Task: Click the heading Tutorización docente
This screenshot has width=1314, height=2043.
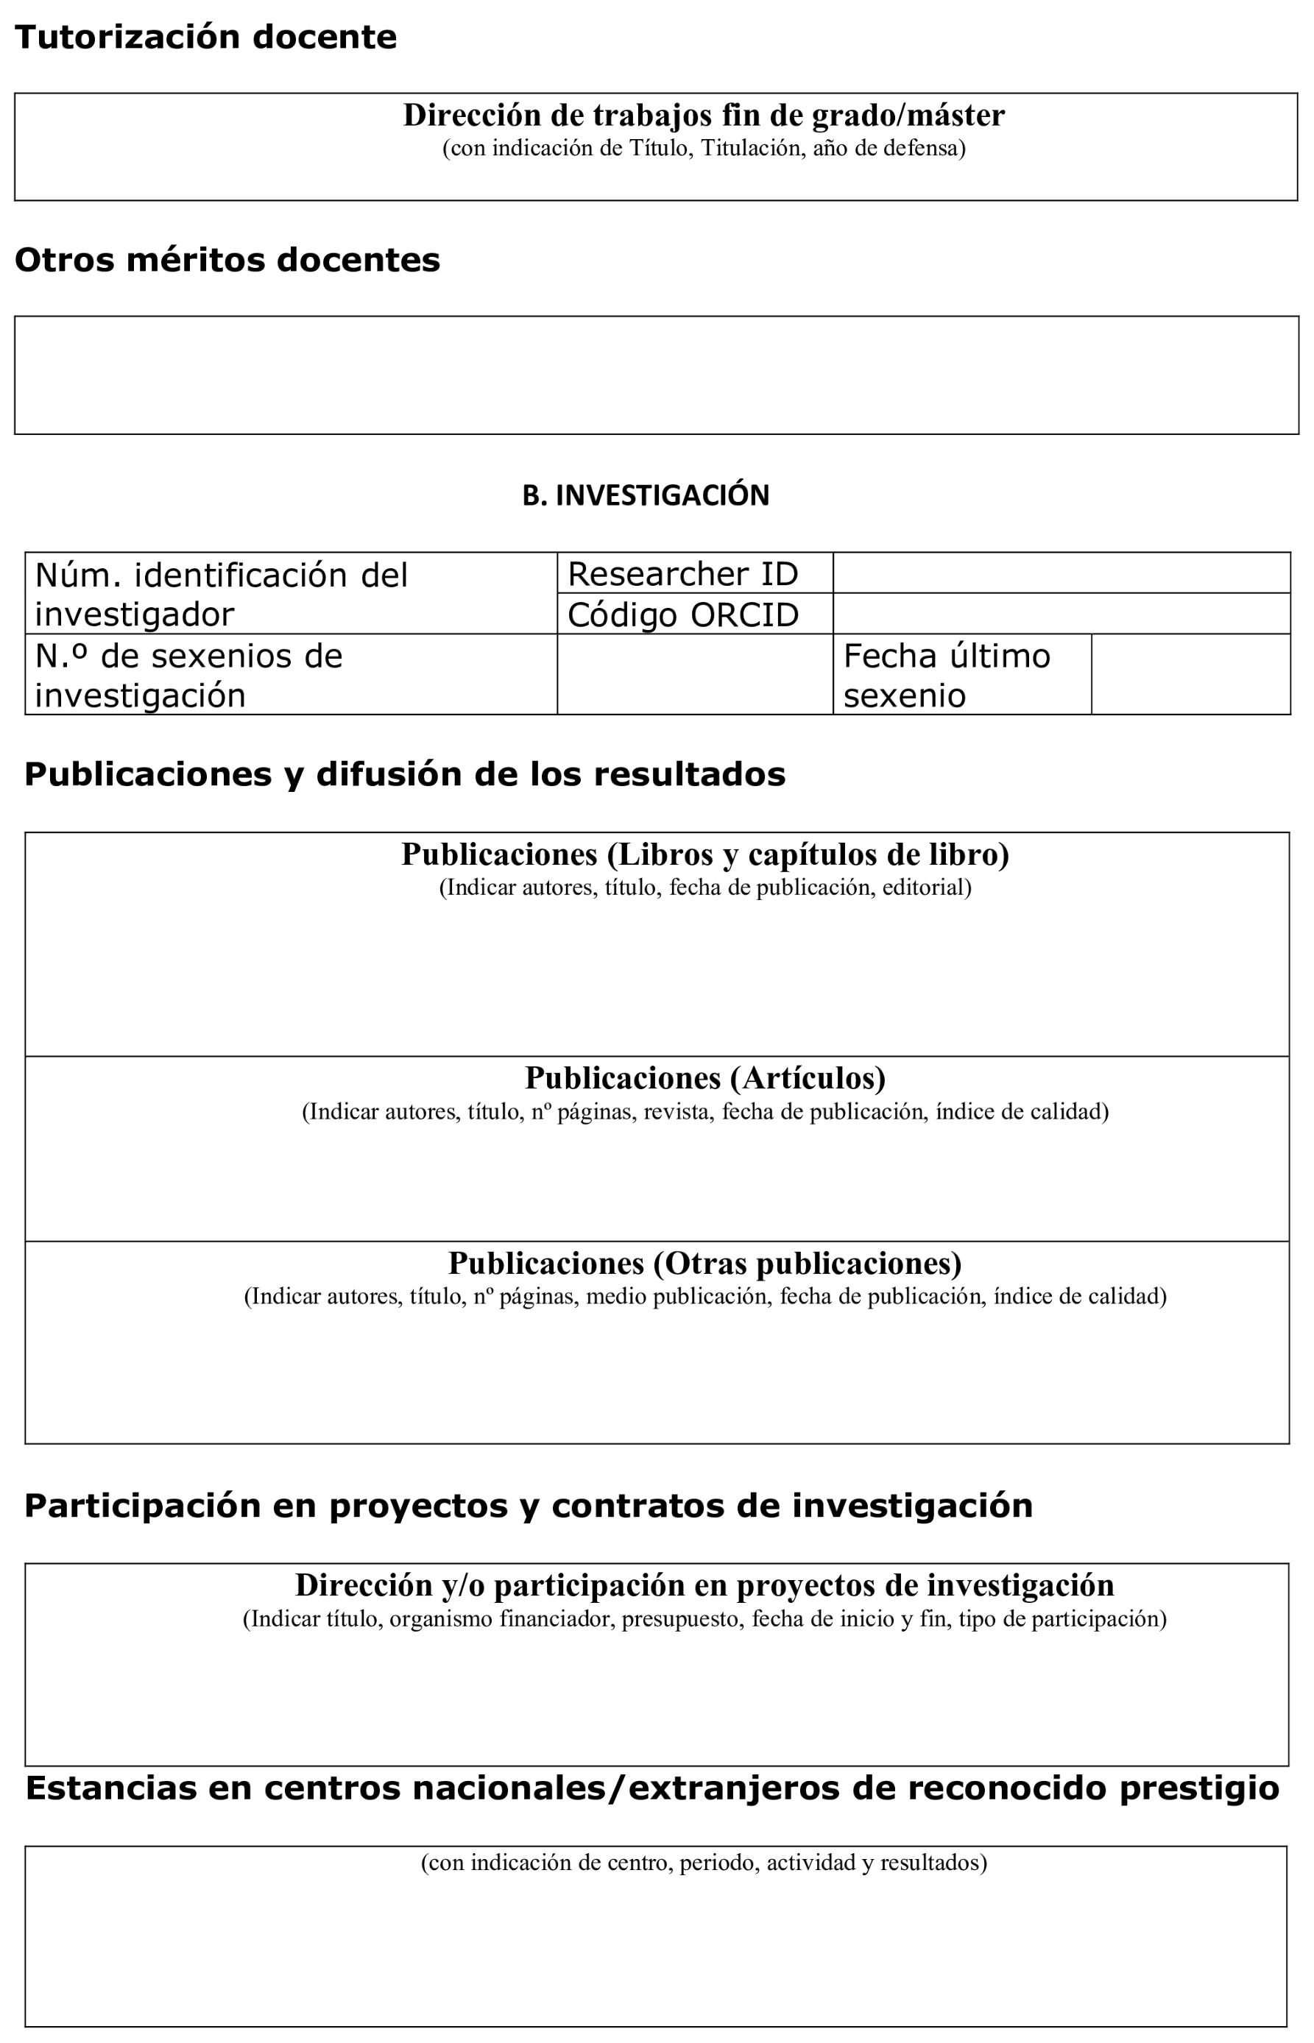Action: [x=205, y=38]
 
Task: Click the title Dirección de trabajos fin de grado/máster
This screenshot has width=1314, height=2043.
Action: [x=703, y=115]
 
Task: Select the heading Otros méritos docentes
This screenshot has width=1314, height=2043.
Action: [x=227, y=261]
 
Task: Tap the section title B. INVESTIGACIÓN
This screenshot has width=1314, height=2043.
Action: [x=645, y=495]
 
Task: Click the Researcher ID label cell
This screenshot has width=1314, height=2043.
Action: [x=682, y=574]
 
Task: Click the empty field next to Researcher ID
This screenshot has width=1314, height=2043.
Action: [x=1061, y=573]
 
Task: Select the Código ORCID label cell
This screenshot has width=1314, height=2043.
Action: [x=682, y=615]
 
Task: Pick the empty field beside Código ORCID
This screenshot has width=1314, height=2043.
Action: [x=1061, y=615]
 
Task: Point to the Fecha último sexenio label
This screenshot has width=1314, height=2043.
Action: [x=947, y=675]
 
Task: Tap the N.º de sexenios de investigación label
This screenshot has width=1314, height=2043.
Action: [x=188, y=675]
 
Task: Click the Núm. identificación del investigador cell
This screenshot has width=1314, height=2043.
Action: [x=222, y=594]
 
